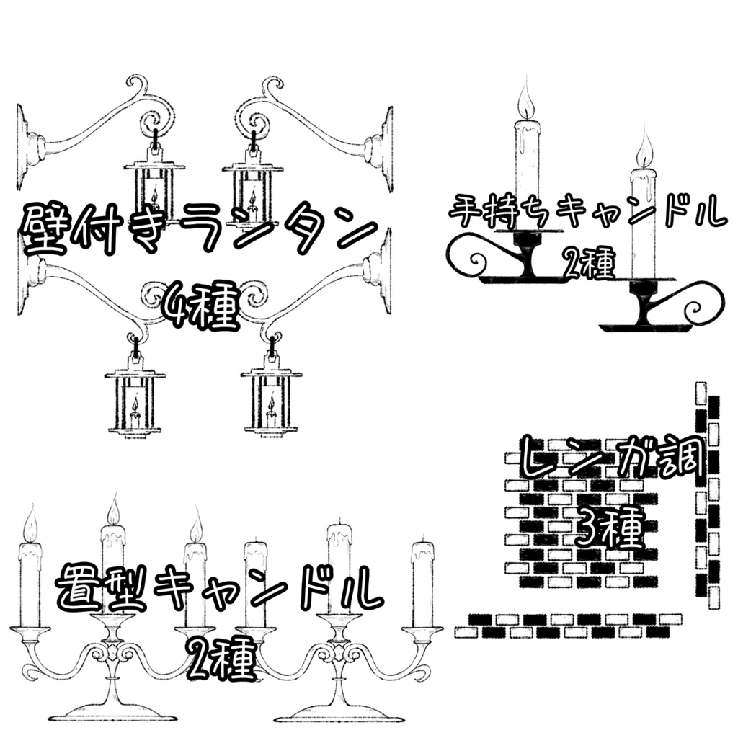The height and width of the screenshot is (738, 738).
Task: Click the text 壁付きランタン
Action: pos(198,229)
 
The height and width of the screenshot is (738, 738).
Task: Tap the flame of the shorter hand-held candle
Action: pos(644,152)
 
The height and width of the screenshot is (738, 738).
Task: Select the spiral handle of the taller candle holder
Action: pos(476,259)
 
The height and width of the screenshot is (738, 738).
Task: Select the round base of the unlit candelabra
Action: pos(337,713)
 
